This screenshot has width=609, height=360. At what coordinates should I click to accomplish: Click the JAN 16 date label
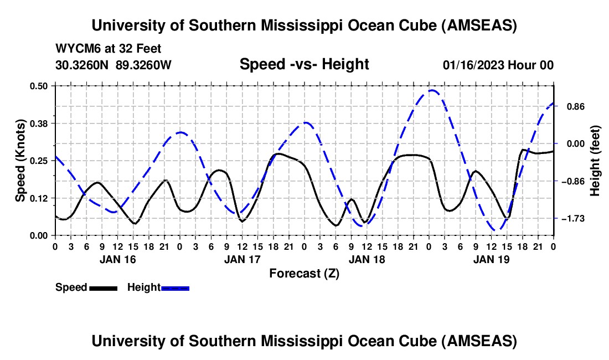(117, 259)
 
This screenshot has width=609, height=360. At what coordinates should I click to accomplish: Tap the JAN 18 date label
(367, 259)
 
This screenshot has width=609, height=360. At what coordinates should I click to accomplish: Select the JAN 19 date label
(491, 259)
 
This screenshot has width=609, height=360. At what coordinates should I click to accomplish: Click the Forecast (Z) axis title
(304, 273)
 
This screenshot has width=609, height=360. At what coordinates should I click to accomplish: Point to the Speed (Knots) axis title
(20, 161)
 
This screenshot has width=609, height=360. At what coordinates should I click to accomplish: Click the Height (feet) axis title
(595, 161)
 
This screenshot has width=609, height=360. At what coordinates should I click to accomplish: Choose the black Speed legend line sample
(103, 288)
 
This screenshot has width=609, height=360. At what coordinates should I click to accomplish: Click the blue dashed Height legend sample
(176, 288)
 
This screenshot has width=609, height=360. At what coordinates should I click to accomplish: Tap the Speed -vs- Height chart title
(304, 64)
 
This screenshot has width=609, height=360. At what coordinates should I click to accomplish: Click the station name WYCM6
(75, 49)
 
